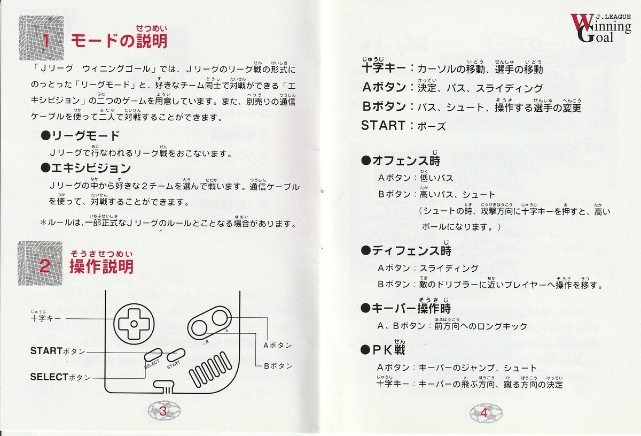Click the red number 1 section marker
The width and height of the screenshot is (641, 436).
(x=46, y=40)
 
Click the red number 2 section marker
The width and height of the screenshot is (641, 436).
(x=45, y=266)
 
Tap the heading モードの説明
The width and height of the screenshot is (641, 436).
(x=119, y=41)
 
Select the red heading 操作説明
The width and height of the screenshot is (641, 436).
(x=101, y=266)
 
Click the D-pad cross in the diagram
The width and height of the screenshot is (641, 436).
(x=134, y=324)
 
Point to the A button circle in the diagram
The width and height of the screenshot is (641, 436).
(x=220, y=318)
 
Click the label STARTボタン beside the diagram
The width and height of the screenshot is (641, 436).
(x=58, y=351)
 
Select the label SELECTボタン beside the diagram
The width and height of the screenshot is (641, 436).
(x=60, y=377)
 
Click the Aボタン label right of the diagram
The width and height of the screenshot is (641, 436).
(x=278, y=346)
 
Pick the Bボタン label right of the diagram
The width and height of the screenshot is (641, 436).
(x=278, y=366)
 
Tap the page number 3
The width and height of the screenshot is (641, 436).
(x=162, y=411)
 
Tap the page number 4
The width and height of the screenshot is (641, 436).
(x=483, y=413)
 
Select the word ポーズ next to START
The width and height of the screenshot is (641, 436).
(x=432, y=126)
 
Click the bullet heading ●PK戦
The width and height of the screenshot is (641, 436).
(x=383, y=349)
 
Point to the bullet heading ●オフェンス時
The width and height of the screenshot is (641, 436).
(x=401, y=161)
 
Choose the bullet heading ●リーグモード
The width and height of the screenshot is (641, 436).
(x=80, y=135)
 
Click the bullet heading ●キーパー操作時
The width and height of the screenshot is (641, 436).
(x=406, y=309)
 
